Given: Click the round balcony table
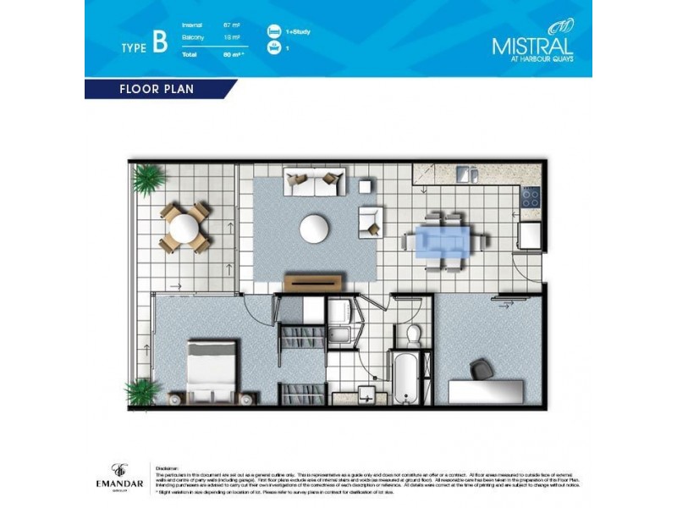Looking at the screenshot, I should (x=184, y=227).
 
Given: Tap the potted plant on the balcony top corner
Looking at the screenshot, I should (x=149, y=178).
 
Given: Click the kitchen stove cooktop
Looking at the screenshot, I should (x=531, y=197).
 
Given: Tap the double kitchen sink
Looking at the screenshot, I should (x=467, y=174).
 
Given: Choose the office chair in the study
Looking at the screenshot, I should (x=481, y=369).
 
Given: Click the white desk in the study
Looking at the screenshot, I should (x=485, y=391).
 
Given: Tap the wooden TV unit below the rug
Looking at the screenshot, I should (x=314, y=282).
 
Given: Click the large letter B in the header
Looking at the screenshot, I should (x=159, y=45).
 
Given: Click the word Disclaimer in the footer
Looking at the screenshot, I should (x=166, y=464).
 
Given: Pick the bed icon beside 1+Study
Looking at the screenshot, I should (x=272, y=30).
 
